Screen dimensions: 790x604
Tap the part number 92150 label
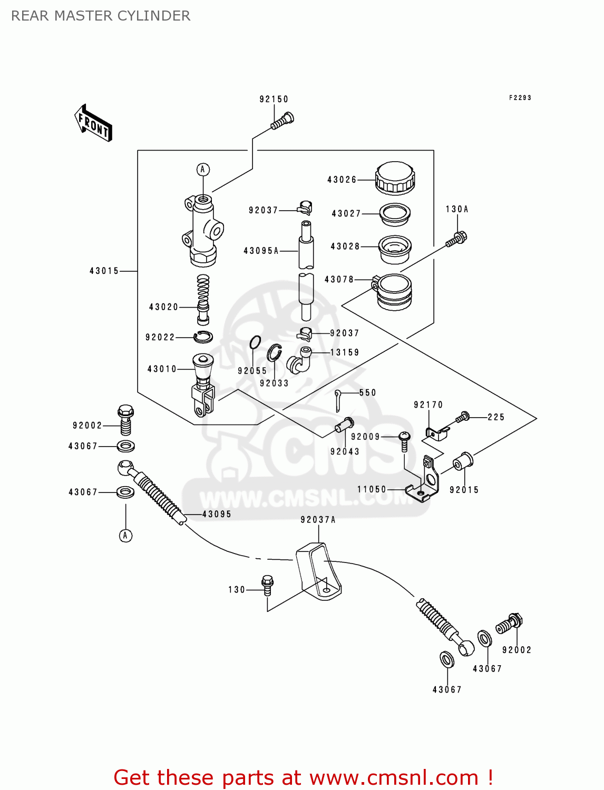(x=274, y=99)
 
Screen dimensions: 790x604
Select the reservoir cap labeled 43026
(x=395, y=178)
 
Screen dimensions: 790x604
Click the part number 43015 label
(x=104, y=271)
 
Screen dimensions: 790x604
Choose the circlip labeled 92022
(x=203, y=337)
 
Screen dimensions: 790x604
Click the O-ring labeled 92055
(x=255, y=343)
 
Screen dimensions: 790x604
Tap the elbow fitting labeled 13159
(x=299, y=361)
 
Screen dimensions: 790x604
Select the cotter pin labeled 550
(x=338, y=400)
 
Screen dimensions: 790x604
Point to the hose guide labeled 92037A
(x=318, y=571)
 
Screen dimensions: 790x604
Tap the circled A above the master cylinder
(x=203, y=170)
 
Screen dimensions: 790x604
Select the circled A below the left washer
(x=125, y=536)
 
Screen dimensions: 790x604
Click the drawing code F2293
(x=520, y=98)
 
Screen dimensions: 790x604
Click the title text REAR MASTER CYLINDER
(x=101, y=16)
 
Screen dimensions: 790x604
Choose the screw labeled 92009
(x=404, y=441)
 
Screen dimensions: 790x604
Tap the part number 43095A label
(x=261, y=251)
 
